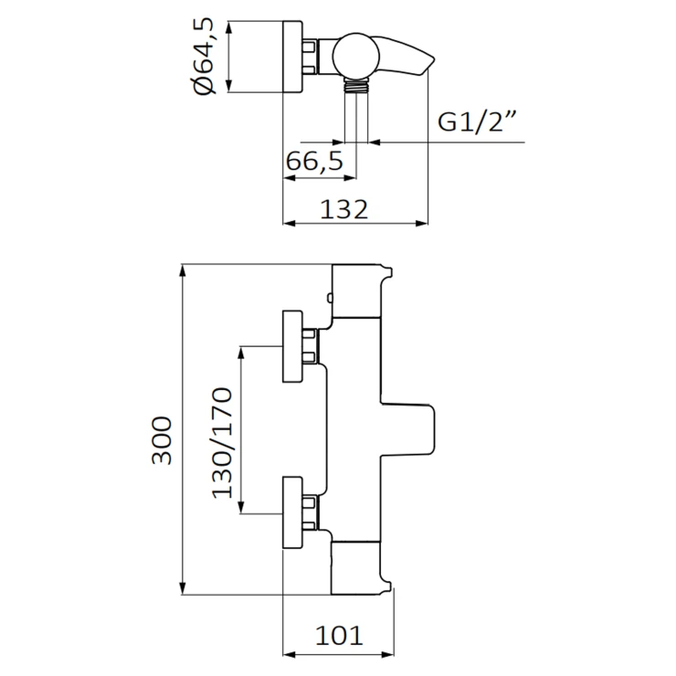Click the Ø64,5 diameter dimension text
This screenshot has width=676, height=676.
[x=205, y=58]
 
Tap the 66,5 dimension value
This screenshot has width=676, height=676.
[x=314, y=162]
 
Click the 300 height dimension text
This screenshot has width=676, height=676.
[x=162, y=440]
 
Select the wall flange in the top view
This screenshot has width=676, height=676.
[x=293, y=57]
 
